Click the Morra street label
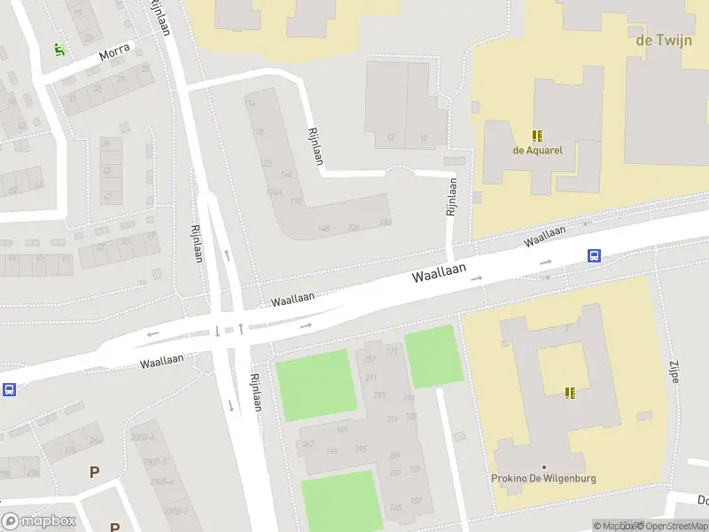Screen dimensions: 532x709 (114, 52)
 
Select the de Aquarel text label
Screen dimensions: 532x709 (537, 150)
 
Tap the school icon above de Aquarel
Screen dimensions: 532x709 (537, 136)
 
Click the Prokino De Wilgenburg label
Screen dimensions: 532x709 (544, 479)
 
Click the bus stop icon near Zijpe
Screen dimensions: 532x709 (594, 256)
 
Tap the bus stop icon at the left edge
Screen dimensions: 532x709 (10, 389)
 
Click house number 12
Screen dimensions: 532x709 (390, 137)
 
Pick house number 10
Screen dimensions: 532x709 (424, 137)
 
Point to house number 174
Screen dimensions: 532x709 (249, 104)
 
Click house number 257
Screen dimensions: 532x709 (370, 359)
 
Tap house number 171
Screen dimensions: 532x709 (392, 353)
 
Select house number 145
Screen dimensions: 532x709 (394, 507)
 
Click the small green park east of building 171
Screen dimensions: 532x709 (433, 356)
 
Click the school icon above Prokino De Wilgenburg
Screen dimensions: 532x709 (572, 392)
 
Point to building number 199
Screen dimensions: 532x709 (333, 451)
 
